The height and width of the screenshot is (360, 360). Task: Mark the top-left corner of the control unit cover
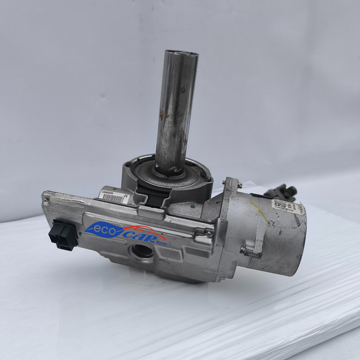(x=44, y=196)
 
